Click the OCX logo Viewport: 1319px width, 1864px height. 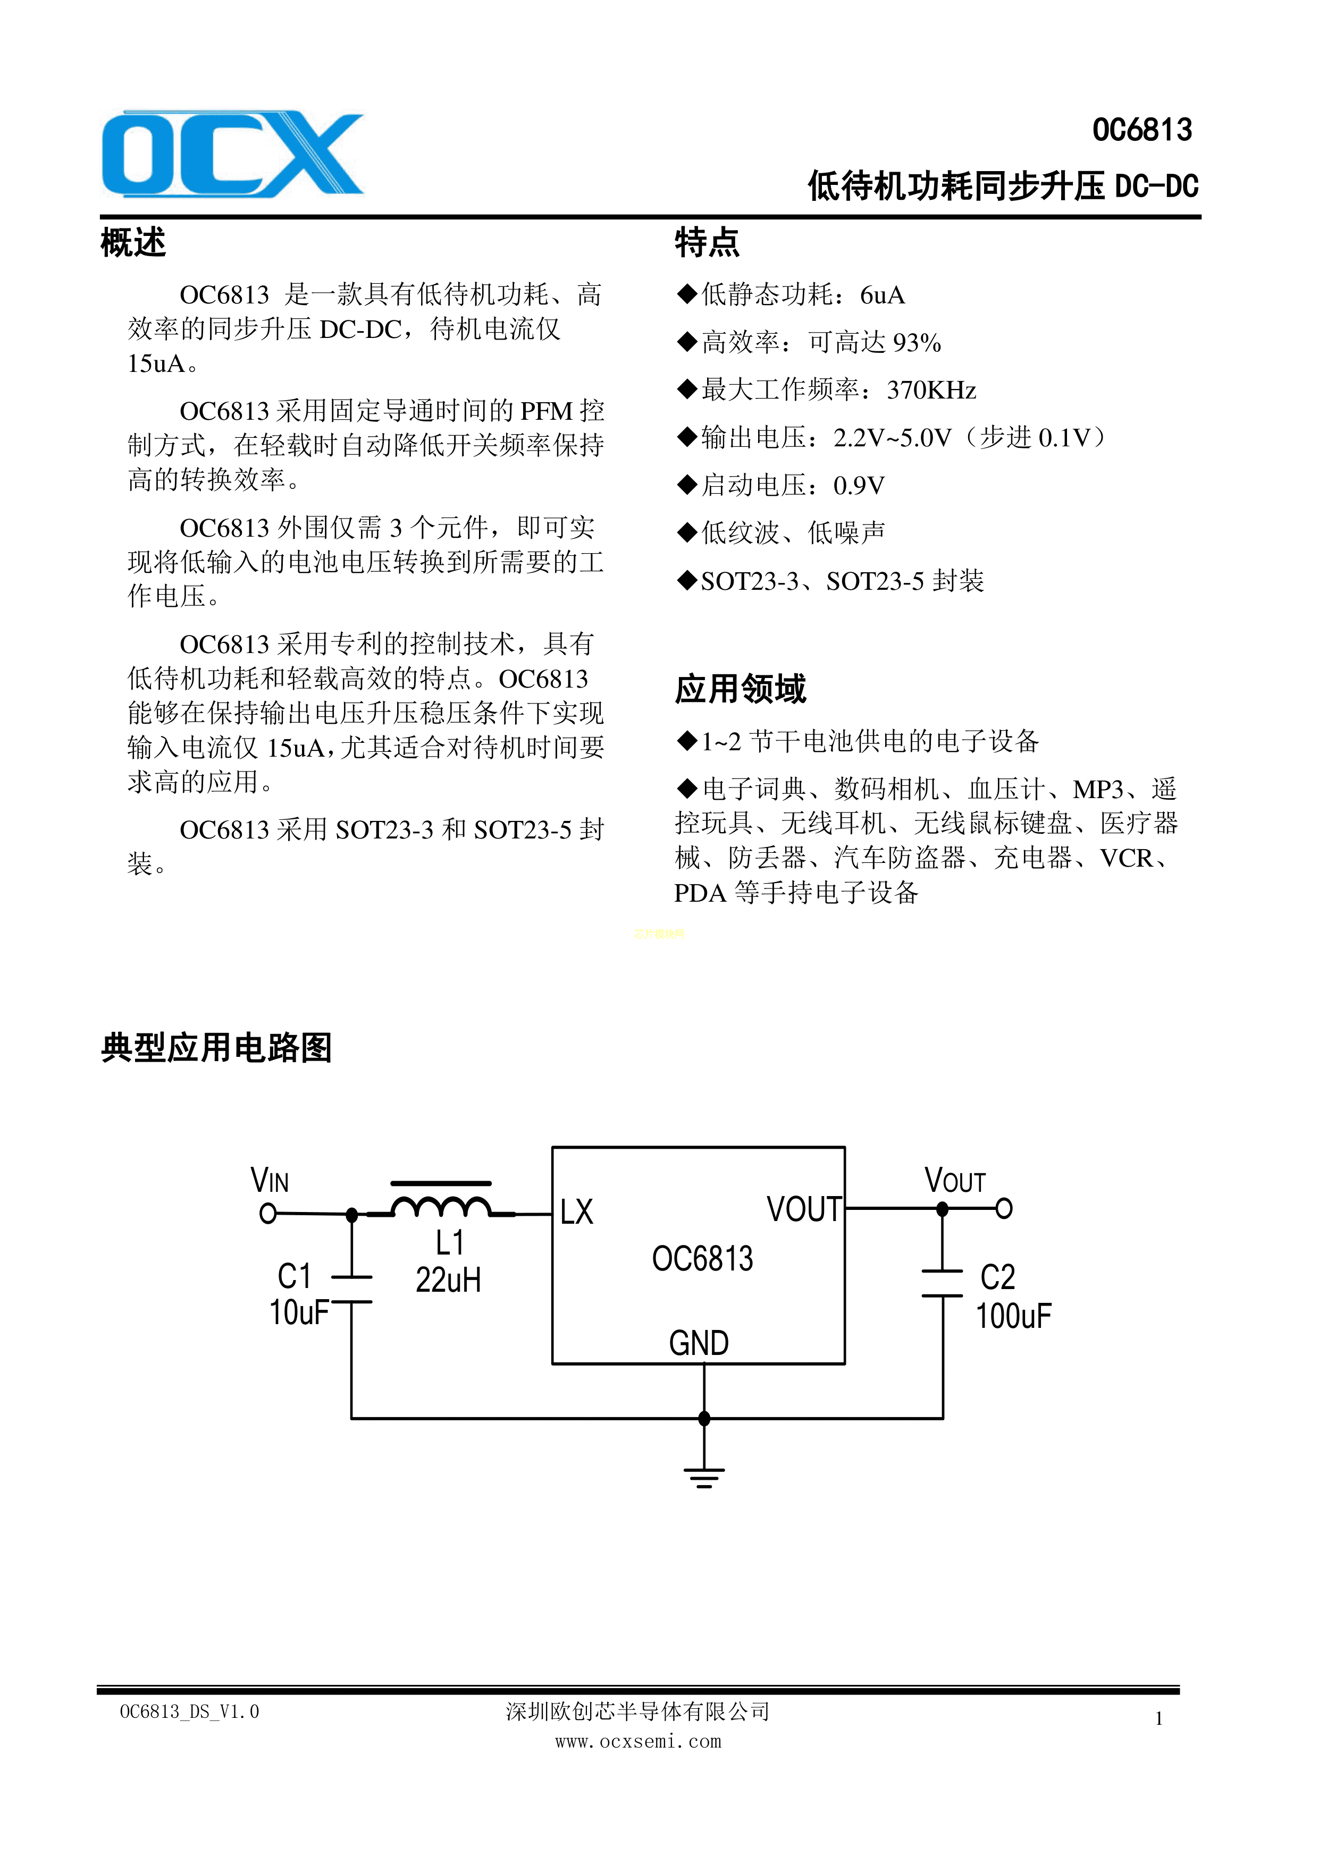click(x=232, y=154)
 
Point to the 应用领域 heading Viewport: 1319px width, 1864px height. click(x=740, y=689)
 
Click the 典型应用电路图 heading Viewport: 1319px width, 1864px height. click(x=217, y=1047)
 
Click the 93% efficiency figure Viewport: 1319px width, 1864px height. click(x=917, y=343)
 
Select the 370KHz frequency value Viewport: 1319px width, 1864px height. click(x=931, y=391)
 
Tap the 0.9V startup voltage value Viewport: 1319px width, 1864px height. click(x=859, y=486)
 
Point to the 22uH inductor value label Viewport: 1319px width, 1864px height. click(x=448, y=1280)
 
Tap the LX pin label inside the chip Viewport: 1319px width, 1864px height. click(x=577, y=1212)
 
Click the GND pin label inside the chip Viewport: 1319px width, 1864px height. click(x=699, y=1343)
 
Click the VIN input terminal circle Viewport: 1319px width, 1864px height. click(x=267, y=1213)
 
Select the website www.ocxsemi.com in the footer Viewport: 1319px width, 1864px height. click(x=639, y=1741)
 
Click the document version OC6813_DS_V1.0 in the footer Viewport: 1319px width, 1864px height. click(x=189, y=1712)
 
